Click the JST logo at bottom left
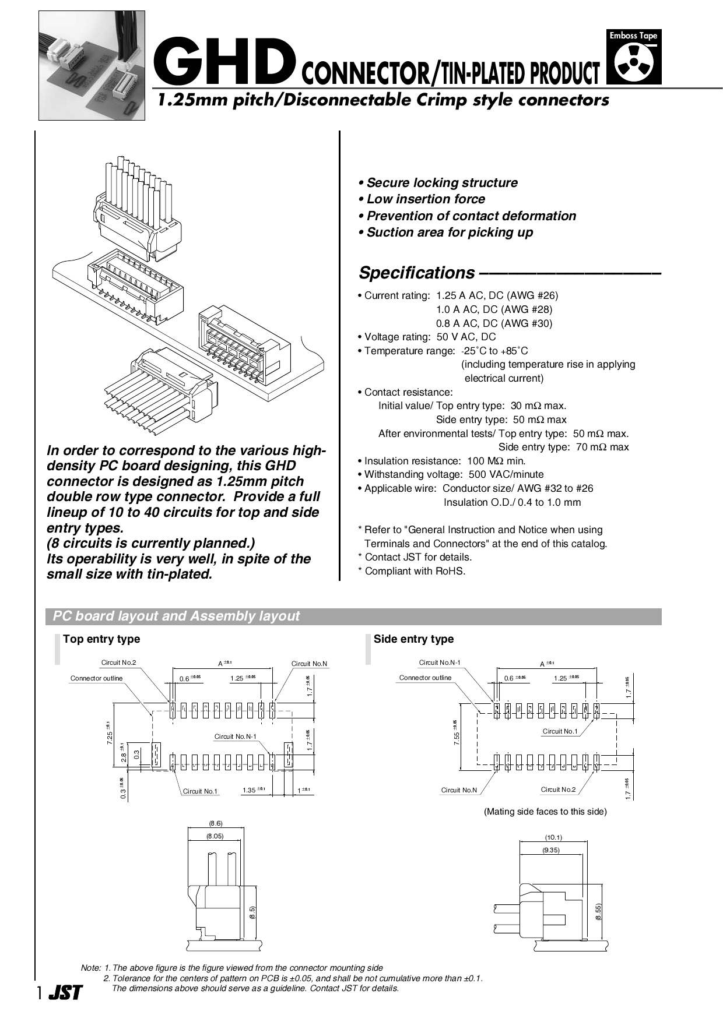pyautogui.click(x=65, y=992)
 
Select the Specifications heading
pyautogui.click(x=416, y=273)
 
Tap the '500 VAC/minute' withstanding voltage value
pyautogui.click(x=506, y=475)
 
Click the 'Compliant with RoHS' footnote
pyautogui.click(x=415, y=571)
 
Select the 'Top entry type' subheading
pyautogui.click(x=101, y=639)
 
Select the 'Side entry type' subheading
pyautogui.click(x=413, y=639)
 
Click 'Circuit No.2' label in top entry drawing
pyautogui.click(x=118, y=662)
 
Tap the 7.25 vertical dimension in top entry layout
pyautogui.click(x=109, y=733)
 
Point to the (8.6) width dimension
pyautogui.click(x=216, y=823)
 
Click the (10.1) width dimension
pyautogui.click(x=553, y=837)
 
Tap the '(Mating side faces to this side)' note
pyautogui.click(x=545, y=812)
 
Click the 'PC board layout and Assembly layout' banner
pyautogui.click(x=176, y=616)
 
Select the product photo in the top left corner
pyautogui.click(x=92, y=65)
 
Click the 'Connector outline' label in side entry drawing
pyautogui.click(x=425, y=678)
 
